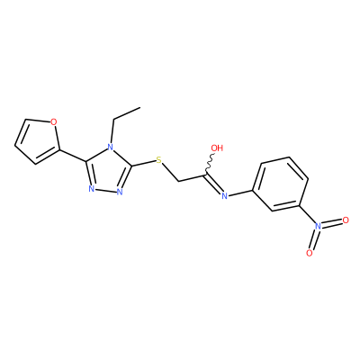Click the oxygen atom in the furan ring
[x=53, y=122]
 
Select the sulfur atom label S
[x=159, y=160]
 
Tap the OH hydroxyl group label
[x=217, y=148]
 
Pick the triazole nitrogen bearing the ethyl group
[x=111, y=148]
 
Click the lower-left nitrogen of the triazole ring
[x=92, y=189]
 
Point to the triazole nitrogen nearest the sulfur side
[x=120, y=192]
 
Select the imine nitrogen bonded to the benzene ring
[x=224, y=196]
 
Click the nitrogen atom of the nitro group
[x=319, y=226]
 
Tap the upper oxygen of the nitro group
[x=346, y=220]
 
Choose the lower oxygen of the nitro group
[x=310, y=253]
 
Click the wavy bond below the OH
[x=210, y=163]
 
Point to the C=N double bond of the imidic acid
[x=214, y=183]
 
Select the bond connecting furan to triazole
[x=73, y=156]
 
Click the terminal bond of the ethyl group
[x=127, y=113]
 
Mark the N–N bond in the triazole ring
[x=106, y=190]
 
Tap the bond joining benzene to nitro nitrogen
[x=307, y=214]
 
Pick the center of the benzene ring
[x=281, y=184]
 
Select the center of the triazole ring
[x=108, y=171]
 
